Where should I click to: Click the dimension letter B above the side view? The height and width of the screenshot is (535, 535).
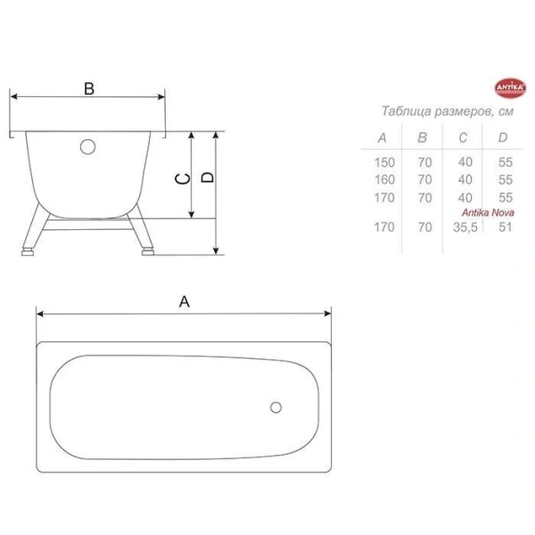(88, 87)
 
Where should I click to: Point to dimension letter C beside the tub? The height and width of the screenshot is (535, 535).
(181, 179)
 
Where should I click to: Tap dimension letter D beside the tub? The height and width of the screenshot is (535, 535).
(207, 177)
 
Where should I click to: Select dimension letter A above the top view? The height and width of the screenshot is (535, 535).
(185, 301)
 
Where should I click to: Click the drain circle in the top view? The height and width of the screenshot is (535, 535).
(276, 409)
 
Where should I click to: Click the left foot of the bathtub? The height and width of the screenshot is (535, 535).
(28, 251)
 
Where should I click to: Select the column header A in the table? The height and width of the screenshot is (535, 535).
(383, 137)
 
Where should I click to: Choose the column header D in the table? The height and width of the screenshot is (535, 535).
(504, 137)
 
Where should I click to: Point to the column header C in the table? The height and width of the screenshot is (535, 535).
(464, 137)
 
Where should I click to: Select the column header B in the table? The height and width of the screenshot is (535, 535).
(424, 137)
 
